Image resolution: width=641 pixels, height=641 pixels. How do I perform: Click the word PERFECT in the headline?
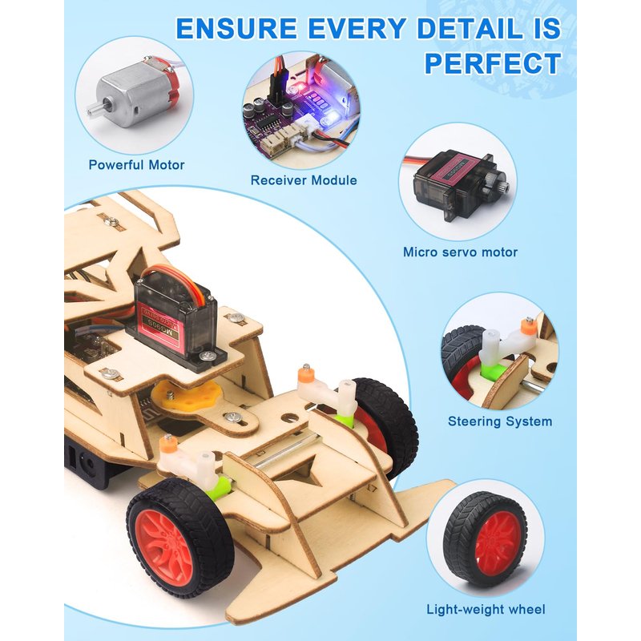[x=493, y=63]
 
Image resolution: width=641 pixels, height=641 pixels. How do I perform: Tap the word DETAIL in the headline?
[x=469, y=29]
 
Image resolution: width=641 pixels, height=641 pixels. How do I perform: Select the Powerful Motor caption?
[x=136, y=165]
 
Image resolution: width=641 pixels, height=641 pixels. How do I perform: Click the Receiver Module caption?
[x=304, y=180]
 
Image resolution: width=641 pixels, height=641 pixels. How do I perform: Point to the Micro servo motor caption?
[x=460, y=252]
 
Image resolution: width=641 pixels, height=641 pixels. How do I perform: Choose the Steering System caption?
[x=500, y=421]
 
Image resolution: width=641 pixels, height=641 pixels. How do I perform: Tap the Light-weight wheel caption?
[x=486, y=610]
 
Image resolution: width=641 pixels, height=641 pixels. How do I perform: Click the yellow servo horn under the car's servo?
[x=186, y=396]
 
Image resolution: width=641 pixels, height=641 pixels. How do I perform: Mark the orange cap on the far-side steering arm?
[x=305, y=373]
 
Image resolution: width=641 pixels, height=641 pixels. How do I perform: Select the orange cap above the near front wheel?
[x=167, y=443]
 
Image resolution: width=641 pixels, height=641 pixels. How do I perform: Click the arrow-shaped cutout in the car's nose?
[x=308, y=471]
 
